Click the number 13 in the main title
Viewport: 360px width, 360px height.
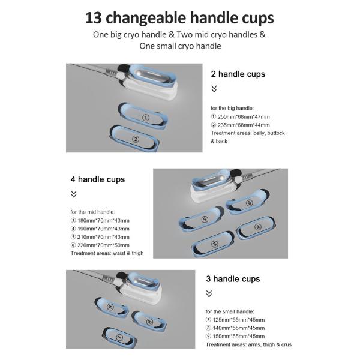pyautogui.click(x=94, y=18)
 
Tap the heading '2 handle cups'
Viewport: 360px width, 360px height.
pyautogui.click(x=238, y=74)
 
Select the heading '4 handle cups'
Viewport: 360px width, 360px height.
pyautogui.click(x=98, y=179)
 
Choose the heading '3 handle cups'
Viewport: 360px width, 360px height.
pyautogui.click(x=233, y=279)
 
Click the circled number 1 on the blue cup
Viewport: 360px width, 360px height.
pyautogui.click(x=146, y=118)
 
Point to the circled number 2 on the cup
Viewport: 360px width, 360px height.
pyautogui.click(x=136, y=139)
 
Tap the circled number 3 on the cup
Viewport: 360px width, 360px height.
pyautogui.click(x=215, y=244)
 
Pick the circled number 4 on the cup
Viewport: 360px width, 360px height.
pyautogui.click(x=258, y=227)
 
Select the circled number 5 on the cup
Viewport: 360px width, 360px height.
pyautogui.click(x=205, y=219)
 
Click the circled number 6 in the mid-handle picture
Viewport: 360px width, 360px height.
pyautogui.click(x=250, y=203)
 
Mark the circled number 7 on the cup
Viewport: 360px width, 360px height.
pyautogui.click(x=119, y=337)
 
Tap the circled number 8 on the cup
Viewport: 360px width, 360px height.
pyautogui.click(x=149, y=322)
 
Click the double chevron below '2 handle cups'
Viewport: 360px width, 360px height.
pyautogui.click(x=214, y=89)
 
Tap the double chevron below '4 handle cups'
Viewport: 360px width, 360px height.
pyautogui.click(x=74, y=194)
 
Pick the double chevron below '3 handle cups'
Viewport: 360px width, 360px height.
pyautogui.click(x=209, y=293)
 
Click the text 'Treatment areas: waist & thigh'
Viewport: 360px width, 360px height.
pyautogui.click(x=107, y=253)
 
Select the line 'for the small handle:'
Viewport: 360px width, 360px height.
pyautogui.click(x=230, y=311)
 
